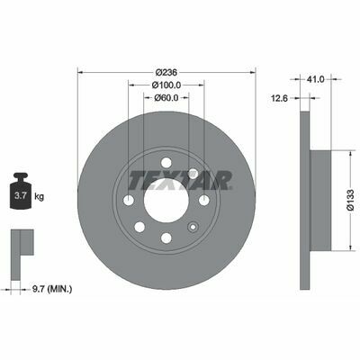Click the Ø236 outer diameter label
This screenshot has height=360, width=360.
(x=166, y=73)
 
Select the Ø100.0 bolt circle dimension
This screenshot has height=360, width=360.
(x=166, y=85)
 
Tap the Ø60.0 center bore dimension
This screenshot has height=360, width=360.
(x=166, y=98)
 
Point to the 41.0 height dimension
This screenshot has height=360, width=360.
(x=316, y=79)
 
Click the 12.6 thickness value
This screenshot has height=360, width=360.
(x=280, y=98)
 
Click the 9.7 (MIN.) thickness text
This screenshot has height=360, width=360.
(x=52, y=290)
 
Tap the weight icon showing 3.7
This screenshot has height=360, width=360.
(x=21, y=191)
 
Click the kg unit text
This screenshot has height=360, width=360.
(x=40, y=197)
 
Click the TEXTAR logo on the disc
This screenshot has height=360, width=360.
(x=180, y=180)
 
